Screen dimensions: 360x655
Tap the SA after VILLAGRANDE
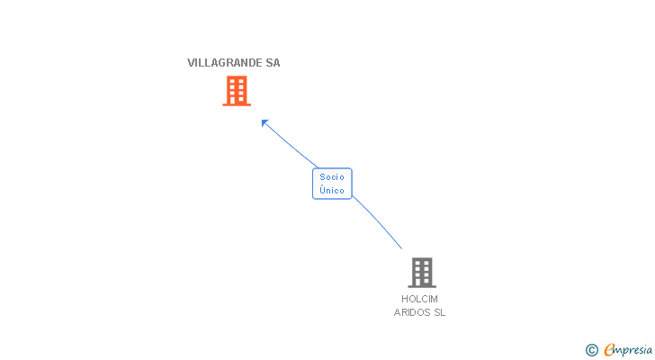273,63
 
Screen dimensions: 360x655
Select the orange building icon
237,90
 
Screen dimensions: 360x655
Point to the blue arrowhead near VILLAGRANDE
264,121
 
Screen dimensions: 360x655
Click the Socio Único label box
332,184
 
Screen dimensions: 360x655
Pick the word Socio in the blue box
332,177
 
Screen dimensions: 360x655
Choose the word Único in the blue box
332,191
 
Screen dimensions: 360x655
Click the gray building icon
421,272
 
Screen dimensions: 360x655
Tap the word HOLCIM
420,299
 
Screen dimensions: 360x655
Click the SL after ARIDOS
439,313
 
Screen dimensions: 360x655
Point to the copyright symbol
591,350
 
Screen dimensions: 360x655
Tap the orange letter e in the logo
609,350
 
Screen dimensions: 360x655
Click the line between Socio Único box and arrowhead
290,145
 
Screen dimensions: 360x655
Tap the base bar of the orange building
237,104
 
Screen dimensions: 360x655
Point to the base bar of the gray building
421,286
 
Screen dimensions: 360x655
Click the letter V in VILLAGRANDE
191,63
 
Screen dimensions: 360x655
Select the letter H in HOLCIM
405,299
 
